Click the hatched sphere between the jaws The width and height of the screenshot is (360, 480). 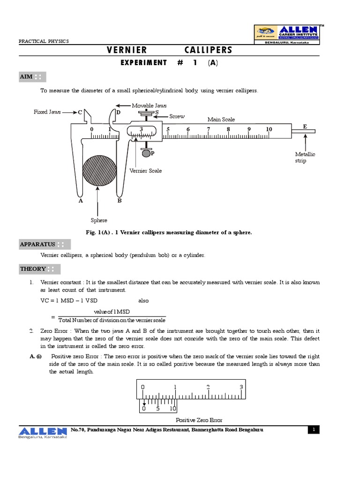pyautogui.click(x=99, y=171)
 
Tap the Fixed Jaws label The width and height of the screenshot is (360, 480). pyautogui.click(x=47, y=112)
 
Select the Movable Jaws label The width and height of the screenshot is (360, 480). pyautogui.click(x=149, y=106)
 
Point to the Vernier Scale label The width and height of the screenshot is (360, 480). pyautogui.click(x=145, y=171)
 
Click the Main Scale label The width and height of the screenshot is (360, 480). pyautogui.click(x=221, y=120)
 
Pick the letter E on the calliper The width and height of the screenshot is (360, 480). pyautogui.click(x=305, y=127)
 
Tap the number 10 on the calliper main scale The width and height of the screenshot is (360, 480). pyautogui.click(x=269, y=129)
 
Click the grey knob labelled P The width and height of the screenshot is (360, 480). pyautogui.click(x=146, y=153)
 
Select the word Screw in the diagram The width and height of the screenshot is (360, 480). pyautogui.click(x=177, y=116)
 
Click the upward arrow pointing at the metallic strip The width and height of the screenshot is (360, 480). pyautogui.click(x=305, y=141)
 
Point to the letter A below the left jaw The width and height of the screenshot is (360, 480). pyautogui.click(x=81, y=201)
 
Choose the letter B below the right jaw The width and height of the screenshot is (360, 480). pyautogui.click(x=119, y=201)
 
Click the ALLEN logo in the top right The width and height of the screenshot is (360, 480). pyautogui.click(x=287, y=34)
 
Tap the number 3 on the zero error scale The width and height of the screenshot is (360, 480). pyautogui.click(x=241, y=387)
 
